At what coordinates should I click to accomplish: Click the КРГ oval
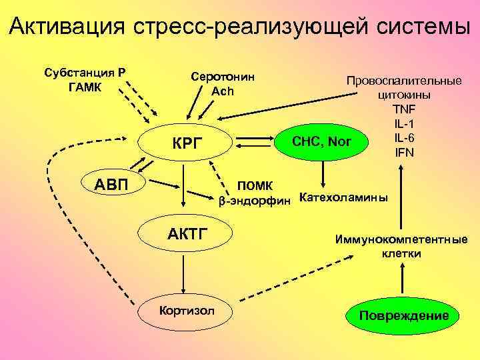(184, 143)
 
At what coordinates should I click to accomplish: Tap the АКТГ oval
(184, 233)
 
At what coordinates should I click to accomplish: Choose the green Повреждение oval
(403, 315)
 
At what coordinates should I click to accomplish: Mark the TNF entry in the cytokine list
(403, 109)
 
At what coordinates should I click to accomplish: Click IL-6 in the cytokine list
(403, 138)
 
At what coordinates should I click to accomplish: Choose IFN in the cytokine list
(403, 152)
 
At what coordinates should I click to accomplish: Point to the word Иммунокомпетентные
(401, 240)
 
